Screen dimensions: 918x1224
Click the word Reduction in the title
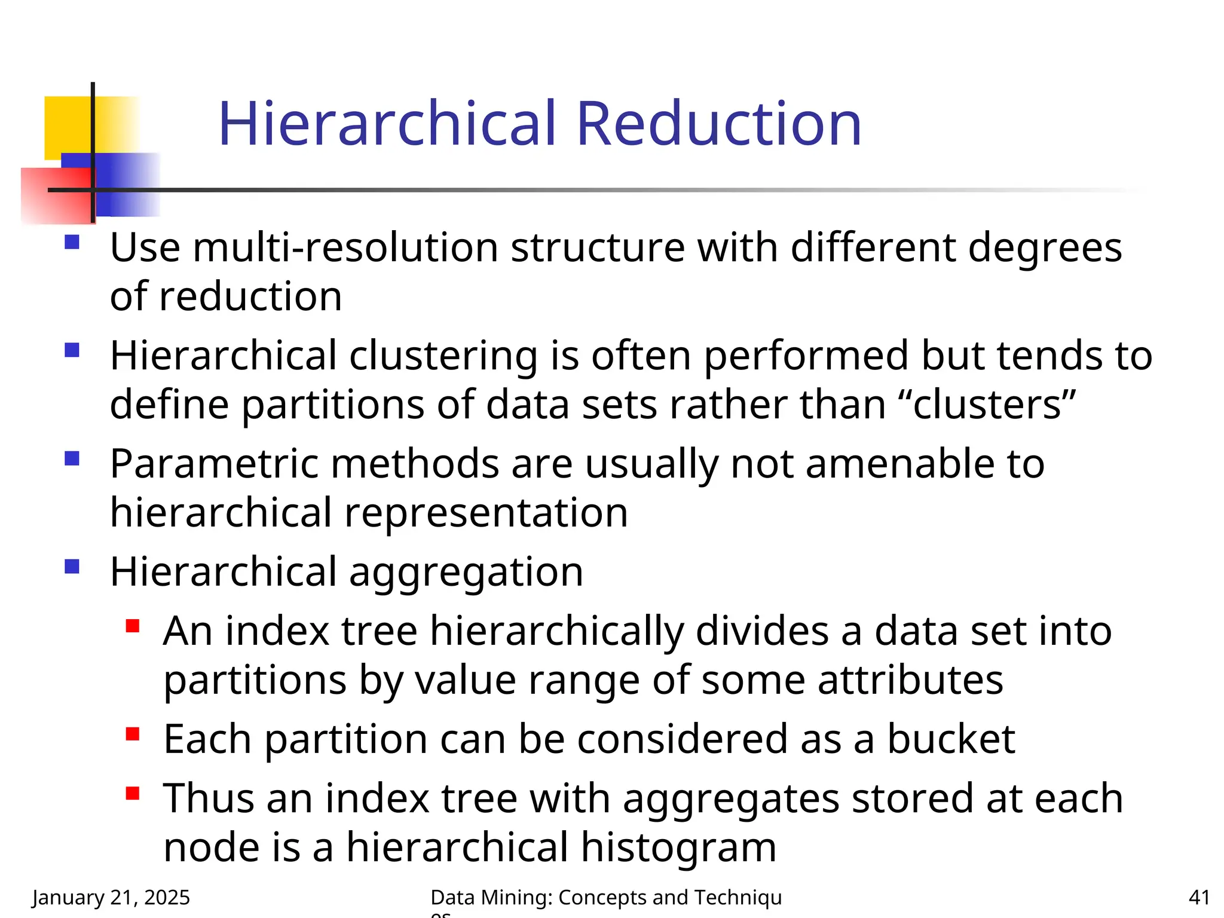[718, 124]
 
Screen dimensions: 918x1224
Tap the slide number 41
[1199, 897]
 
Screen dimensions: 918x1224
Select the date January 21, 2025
[111, 897]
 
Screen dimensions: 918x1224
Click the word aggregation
[466, 572]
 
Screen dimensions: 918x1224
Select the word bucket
[951, 739]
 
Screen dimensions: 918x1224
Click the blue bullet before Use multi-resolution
[72, 242]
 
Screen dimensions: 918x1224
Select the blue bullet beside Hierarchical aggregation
[72, 566]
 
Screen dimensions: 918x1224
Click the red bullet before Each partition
[133, 734]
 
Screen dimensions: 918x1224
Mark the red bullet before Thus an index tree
[133, 794]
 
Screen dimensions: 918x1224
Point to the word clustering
[443, 356]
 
